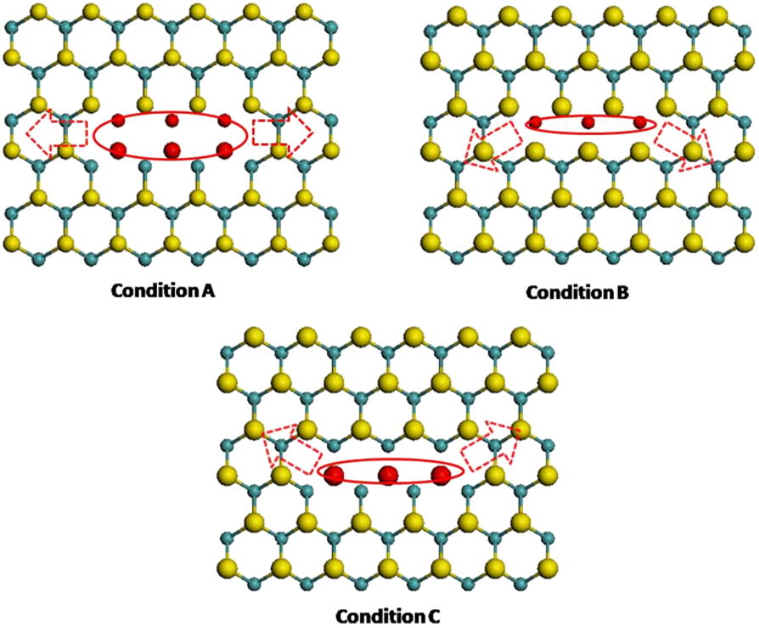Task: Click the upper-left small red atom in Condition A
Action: click(x=119, y=120)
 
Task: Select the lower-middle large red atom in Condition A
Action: click(x=172, y=150)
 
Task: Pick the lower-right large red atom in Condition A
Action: click(x=225, y=150)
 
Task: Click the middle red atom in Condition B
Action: click(x=588, y=122)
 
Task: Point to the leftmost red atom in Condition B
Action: click(x=537, y=122)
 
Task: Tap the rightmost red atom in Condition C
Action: click(x=440, y=474)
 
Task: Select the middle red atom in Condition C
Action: click(x=388, y=474)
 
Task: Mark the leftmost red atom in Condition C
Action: click(x=335, y=474)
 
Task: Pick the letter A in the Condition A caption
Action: click(x=209, y=291)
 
